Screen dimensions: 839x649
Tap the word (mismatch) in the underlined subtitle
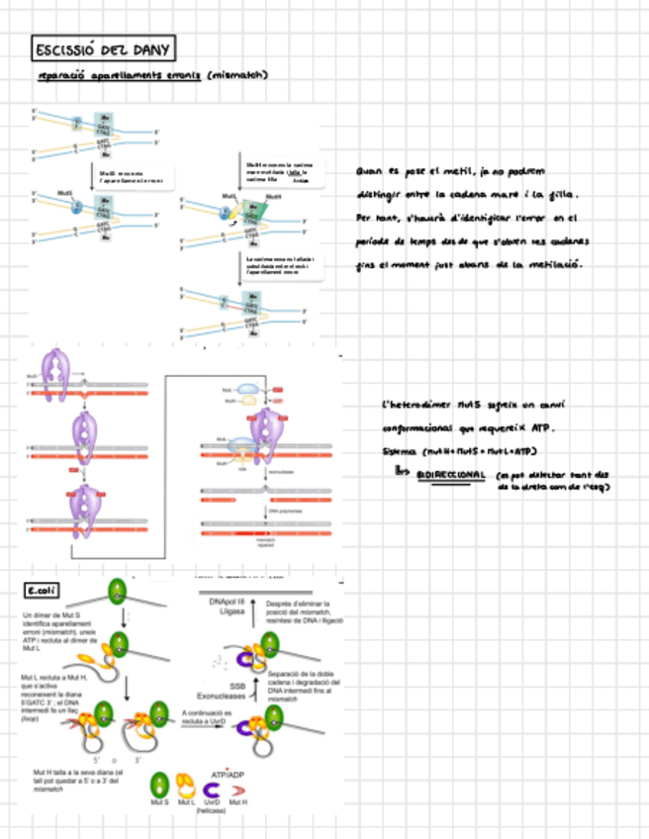(x=238, y=75)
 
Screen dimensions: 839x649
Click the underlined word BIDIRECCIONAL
(x=451, y=475)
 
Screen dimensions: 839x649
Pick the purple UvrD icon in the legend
(x=211, y=788)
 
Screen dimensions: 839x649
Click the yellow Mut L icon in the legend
(x=184, y=787)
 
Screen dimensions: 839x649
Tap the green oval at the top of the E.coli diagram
(x=119, y=593)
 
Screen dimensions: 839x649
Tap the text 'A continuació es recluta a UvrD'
(x=207, y=716)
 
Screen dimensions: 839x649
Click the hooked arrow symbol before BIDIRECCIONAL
(x=401, y=473)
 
